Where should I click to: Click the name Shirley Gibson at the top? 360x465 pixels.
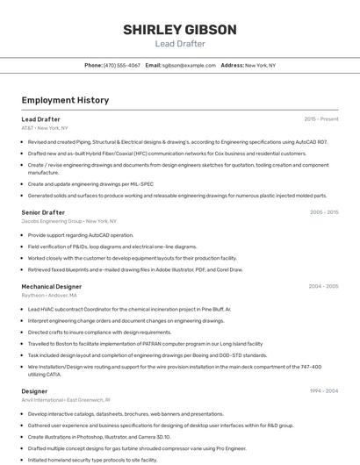pos(179,30)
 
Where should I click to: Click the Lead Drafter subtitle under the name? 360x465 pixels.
pos(179,44)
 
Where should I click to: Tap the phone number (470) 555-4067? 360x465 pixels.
pos(121,65)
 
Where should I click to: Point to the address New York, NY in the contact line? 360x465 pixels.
pos(260,65)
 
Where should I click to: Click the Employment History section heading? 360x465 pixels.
pos(65,100)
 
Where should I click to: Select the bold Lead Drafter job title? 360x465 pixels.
pos(40,119)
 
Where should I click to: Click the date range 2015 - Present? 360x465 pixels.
pos(320,119)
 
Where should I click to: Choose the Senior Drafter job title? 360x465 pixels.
pos(43,212)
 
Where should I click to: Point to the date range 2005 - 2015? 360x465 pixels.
pos(323,212)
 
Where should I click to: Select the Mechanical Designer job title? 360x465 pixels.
pos(51,286)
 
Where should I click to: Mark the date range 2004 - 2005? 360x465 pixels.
pos(323,286)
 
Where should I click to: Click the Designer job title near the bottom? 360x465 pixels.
pos(34,390)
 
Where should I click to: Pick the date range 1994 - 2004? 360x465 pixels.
pos(323,390)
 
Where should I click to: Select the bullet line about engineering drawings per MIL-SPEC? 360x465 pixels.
pos(90,184)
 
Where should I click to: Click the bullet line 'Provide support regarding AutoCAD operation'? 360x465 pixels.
pos(80,235)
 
